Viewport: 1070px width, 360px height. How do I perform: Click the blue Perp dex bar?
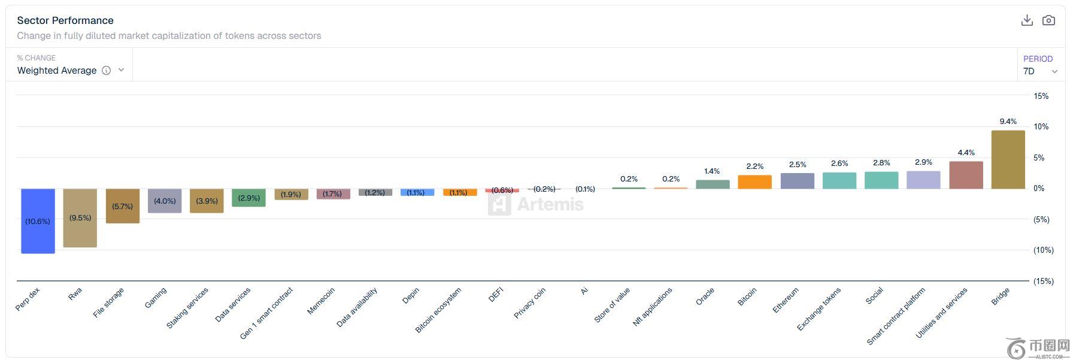[x=38, y=221]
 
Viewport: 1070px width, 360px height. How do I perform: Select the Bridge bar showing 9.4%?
[x=1008, y=159]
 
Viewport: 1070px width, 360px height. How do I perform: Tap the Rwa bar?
[x=80, y=218]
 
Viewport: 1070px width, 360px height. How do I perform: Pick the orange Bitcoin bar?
[x=754, y=182]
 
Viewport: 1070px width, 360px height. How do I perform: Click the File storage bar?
[x=123, y=206]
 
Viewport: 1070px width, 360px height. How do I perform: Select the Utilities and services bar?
[x=966, y=175]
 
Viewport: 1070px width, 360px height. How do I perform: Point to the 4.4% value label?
[x=966, y=153]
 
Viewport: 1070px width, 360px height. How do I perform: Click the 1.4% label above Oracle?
[x=712, y=171]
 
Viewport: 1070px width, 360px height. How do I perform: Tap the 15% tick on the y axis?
[x=1041, y=96]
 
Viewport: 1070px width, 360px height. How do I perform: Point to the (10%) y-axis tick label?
[x=1043, y=250]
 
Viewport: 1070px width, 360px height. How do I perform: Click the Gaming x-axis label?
[x=155, y=298]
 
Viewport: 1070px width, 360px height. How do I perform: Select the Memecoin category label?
[x=320, y=301]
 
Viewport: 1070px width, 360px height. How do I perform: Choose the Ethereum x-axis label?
[x=785, y=300]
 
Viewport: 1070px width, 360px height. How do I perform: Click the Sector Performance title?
[x=65, y=20]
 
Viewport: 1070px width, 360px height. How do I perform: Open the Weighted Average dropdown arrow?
[x=121, y=70]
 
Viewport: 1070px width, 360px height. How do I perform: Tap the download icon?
[x=1027, y=20]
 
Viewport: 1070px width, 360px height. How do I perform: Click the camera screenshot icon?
[x=1048, y=20]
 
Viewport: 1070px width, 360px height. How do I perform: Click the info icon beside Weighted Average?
[x=106, y=70]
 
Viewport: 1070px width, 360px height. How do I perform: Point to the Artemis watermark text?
[x=550, y=204]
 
